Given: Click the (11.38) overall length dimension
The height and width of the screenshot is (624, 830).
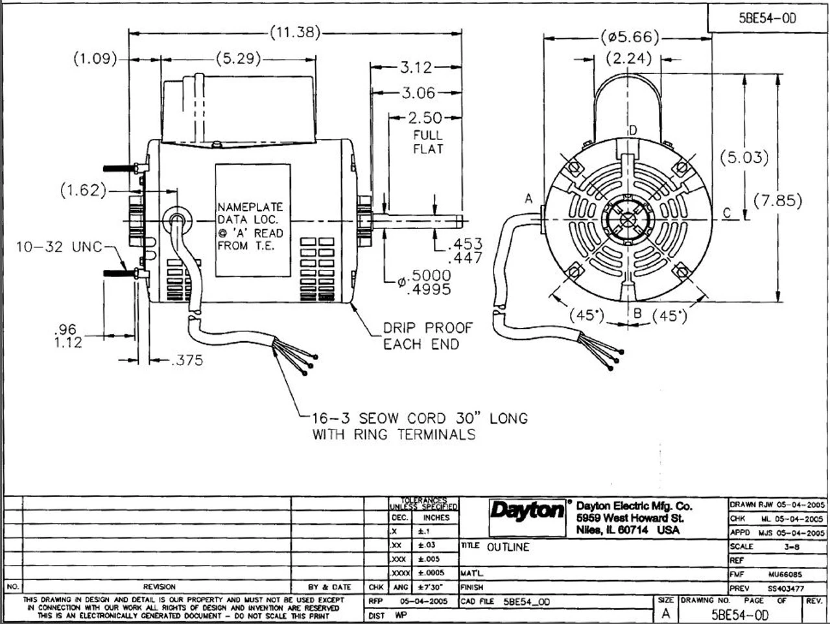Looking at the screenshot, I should [x=294, y=33].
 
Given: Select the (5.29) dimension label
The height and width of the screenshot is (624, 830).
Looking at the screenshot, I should [x=239, y=59].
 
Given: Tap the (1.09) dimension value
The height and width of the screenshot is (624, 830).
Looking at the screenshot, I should [x=95, y=59].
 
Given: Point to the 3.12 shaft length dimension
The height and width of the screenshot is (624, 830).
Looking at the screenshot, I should [x=415, y=67].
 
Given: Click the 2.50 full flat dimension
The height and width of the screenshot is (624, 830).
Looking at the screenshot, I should [x=425, y=118].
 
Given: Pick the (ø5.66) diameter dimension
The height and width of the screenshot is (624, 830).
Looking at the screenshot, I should [x=630, y=36].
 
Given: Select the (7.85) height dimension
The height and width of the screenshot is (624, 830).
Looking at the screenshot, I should [x=777, y=200].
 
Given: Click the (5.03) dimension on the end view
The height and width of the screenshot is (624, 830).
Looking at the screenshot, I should [x=744, y=157].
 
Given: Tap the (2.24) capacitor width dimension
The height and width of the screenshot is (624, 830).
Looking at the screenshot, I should [x=628, y=58].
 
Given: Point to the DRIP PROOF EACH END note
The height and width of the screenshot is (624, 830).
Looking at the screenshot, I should [x=427, y=335].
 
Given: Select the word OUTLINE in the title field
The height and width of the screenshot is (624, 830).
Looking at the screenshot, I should [x=508, y=547].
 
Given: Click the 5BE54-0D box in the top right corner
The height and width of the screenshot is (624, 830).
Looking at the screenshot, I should [x=768, y=18].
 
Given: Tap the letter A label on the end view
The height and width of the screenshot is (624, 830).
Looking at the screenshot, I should [x=528, y=199].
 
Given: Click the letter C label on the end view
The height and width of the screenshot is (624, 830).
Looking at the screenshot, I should [x=726, y=213].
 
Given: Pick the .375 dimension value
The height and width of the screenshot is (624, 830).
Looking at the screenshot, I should [x=186, y=361].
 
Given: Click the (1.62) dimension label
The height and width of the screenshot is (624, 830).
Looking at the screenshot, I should [x=82, y=191].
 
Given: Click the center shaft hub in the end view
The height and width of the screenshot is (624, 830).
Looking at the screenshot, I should [x=626, y=220].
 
